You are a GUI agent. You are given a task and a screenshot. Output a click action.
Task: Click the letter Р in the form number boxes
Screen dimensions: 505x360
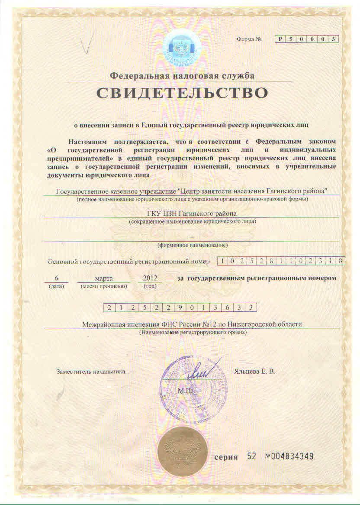280,39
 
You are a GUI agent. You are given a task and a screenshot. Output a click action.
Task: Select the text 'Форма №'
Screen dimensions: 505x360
249,39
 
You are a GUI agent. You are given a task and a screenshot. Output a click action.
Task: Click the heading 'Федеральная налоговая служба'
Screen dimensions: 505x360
182,75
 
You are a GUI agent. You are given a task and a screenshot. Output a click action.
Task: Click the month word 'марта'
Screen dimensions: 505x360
104,278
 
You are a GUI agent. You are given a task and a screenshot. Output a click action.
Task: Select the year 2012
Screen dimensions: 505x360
150,278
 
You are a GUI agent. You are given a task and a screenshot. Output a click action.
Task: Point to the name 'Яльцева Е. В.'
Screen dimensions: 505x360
254,372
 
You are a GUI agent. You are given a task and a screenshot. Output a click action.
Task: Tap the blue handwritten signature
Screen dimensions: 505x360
202,370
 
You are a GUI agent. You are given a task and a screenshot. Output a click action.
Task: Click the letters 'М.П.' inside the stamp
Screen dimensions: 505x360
185,391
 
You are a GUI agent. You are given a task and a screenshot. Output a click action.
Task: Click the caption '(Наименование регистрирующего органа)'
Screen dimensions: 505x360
193,333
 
